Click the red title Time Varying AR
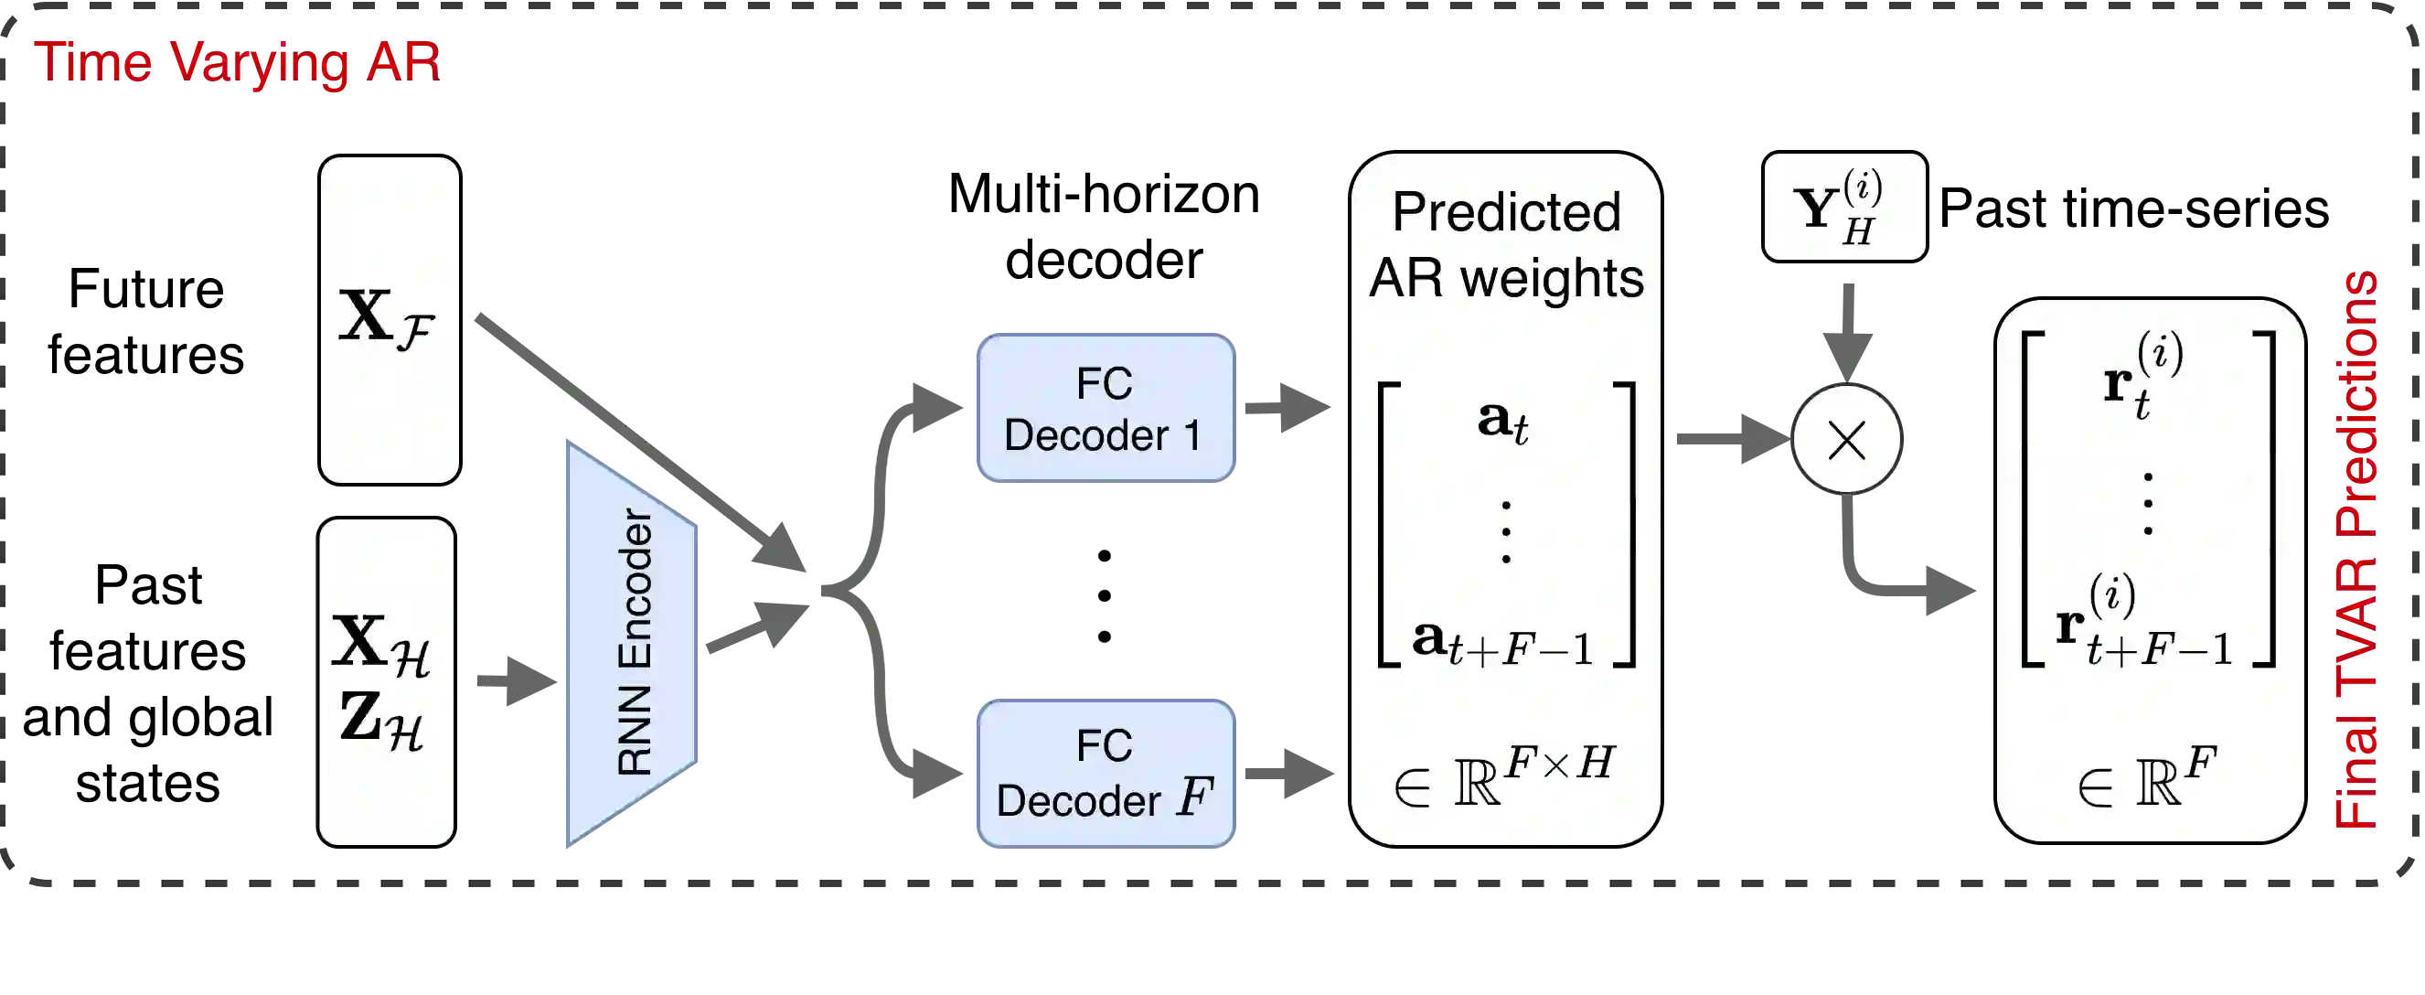[x=237, y=62]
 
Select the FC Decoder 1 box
[x=1106, y=409]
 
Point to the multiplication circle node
[x=1846, y=440]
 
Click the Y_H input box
[x=1844, y=207]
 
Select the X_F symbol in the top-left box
[x=387, y=320]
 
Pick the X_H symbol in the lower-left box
[x=380, y=644]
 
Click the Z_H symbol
[x=380, y=719]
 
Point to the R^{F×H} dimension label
[x=1505, y=777]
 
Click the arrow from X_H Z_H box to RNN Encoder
[x=514, y=679]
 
